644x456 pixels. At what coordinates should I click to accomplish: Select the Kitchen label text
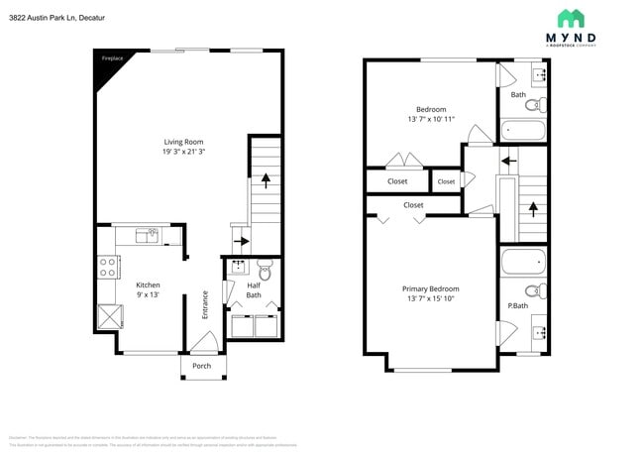point(148,285)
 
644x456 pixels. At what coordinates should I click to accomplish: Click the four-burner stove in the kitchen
point(108,267)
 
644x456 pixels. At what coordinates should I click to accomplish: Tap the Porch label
point(201,366)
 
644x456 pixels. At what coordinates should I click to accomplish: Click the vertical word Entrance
point(205,303)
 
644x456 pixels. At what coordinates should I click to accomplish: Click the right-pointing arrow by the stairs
point(241,240)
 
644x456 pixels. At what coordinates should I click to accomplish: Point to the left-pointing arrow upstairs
point(509,159)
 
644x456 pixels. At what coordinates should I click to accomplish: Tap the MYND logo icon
point(571,19)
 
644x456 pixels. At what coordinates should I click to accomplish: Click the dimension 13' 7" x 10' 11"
point(431,119)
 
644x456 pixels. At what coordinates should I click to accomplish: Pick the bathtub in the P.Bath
point(522,263)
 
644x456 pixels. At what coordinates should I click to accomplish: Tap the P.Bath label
point(518,305)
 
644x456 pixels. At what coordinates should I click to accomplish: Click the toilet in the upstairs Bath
point(532,104)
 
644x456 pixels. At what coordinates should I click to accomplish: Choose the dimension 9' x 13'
point(148,294)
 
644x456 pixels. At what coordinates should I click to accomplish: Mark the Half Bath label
point(254,289)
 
